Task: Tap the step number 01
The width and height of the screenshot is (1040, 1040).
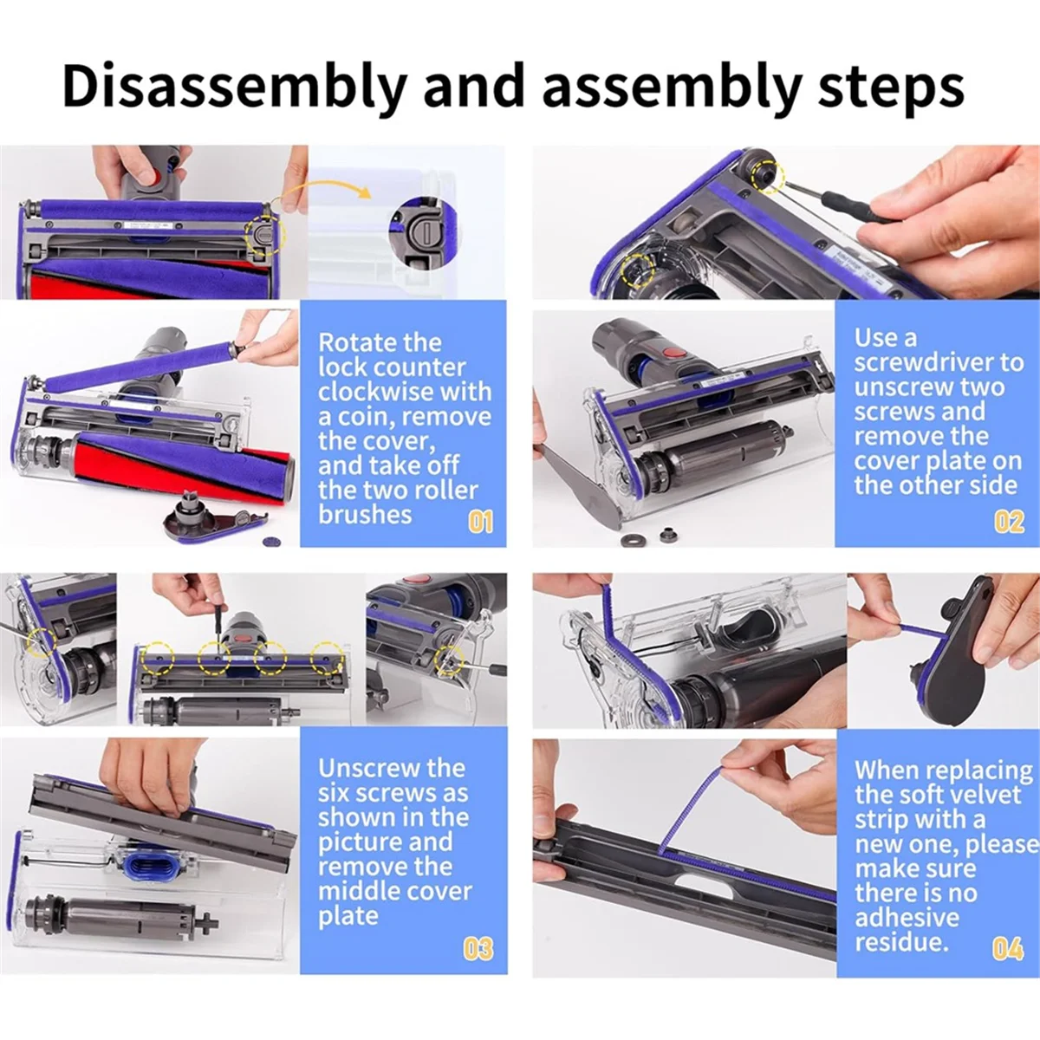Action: point(480,523)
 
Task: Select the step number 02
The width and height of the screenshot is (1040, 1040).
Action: point(1009,523)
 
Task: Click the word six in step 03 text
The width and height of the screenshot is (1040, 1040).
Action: point(335,793)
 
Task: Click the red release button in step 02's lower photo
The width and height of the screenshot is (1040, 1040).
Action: point(672,354)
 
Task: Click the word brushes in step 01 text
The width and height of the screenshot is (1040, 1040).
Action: point(365,515)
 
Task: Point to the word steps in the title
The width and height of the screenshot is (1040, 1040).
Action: point(891,89)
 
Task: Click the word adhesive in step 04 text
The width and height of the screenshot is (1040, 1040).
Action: point(907,918)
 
